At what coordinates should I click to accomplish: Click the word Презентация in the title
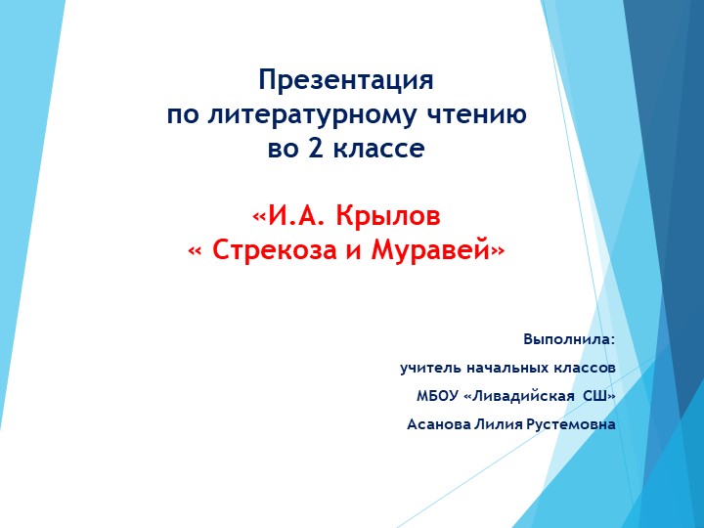point(346,80)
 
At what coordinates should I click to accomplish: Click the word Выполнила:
point(570,339)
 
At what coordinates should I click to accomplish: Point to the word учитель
point(426,368)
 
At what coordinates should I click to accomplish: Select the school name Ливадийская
point(521,396)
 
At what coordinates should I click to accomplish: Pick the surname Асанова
point(438,424)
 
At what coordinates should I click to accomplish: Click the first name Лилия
point(498,424)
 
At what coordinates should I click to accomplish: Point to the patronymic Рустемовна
point(571,424)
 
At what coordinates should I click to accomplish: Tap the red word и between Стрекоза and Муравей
point(352,250)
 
